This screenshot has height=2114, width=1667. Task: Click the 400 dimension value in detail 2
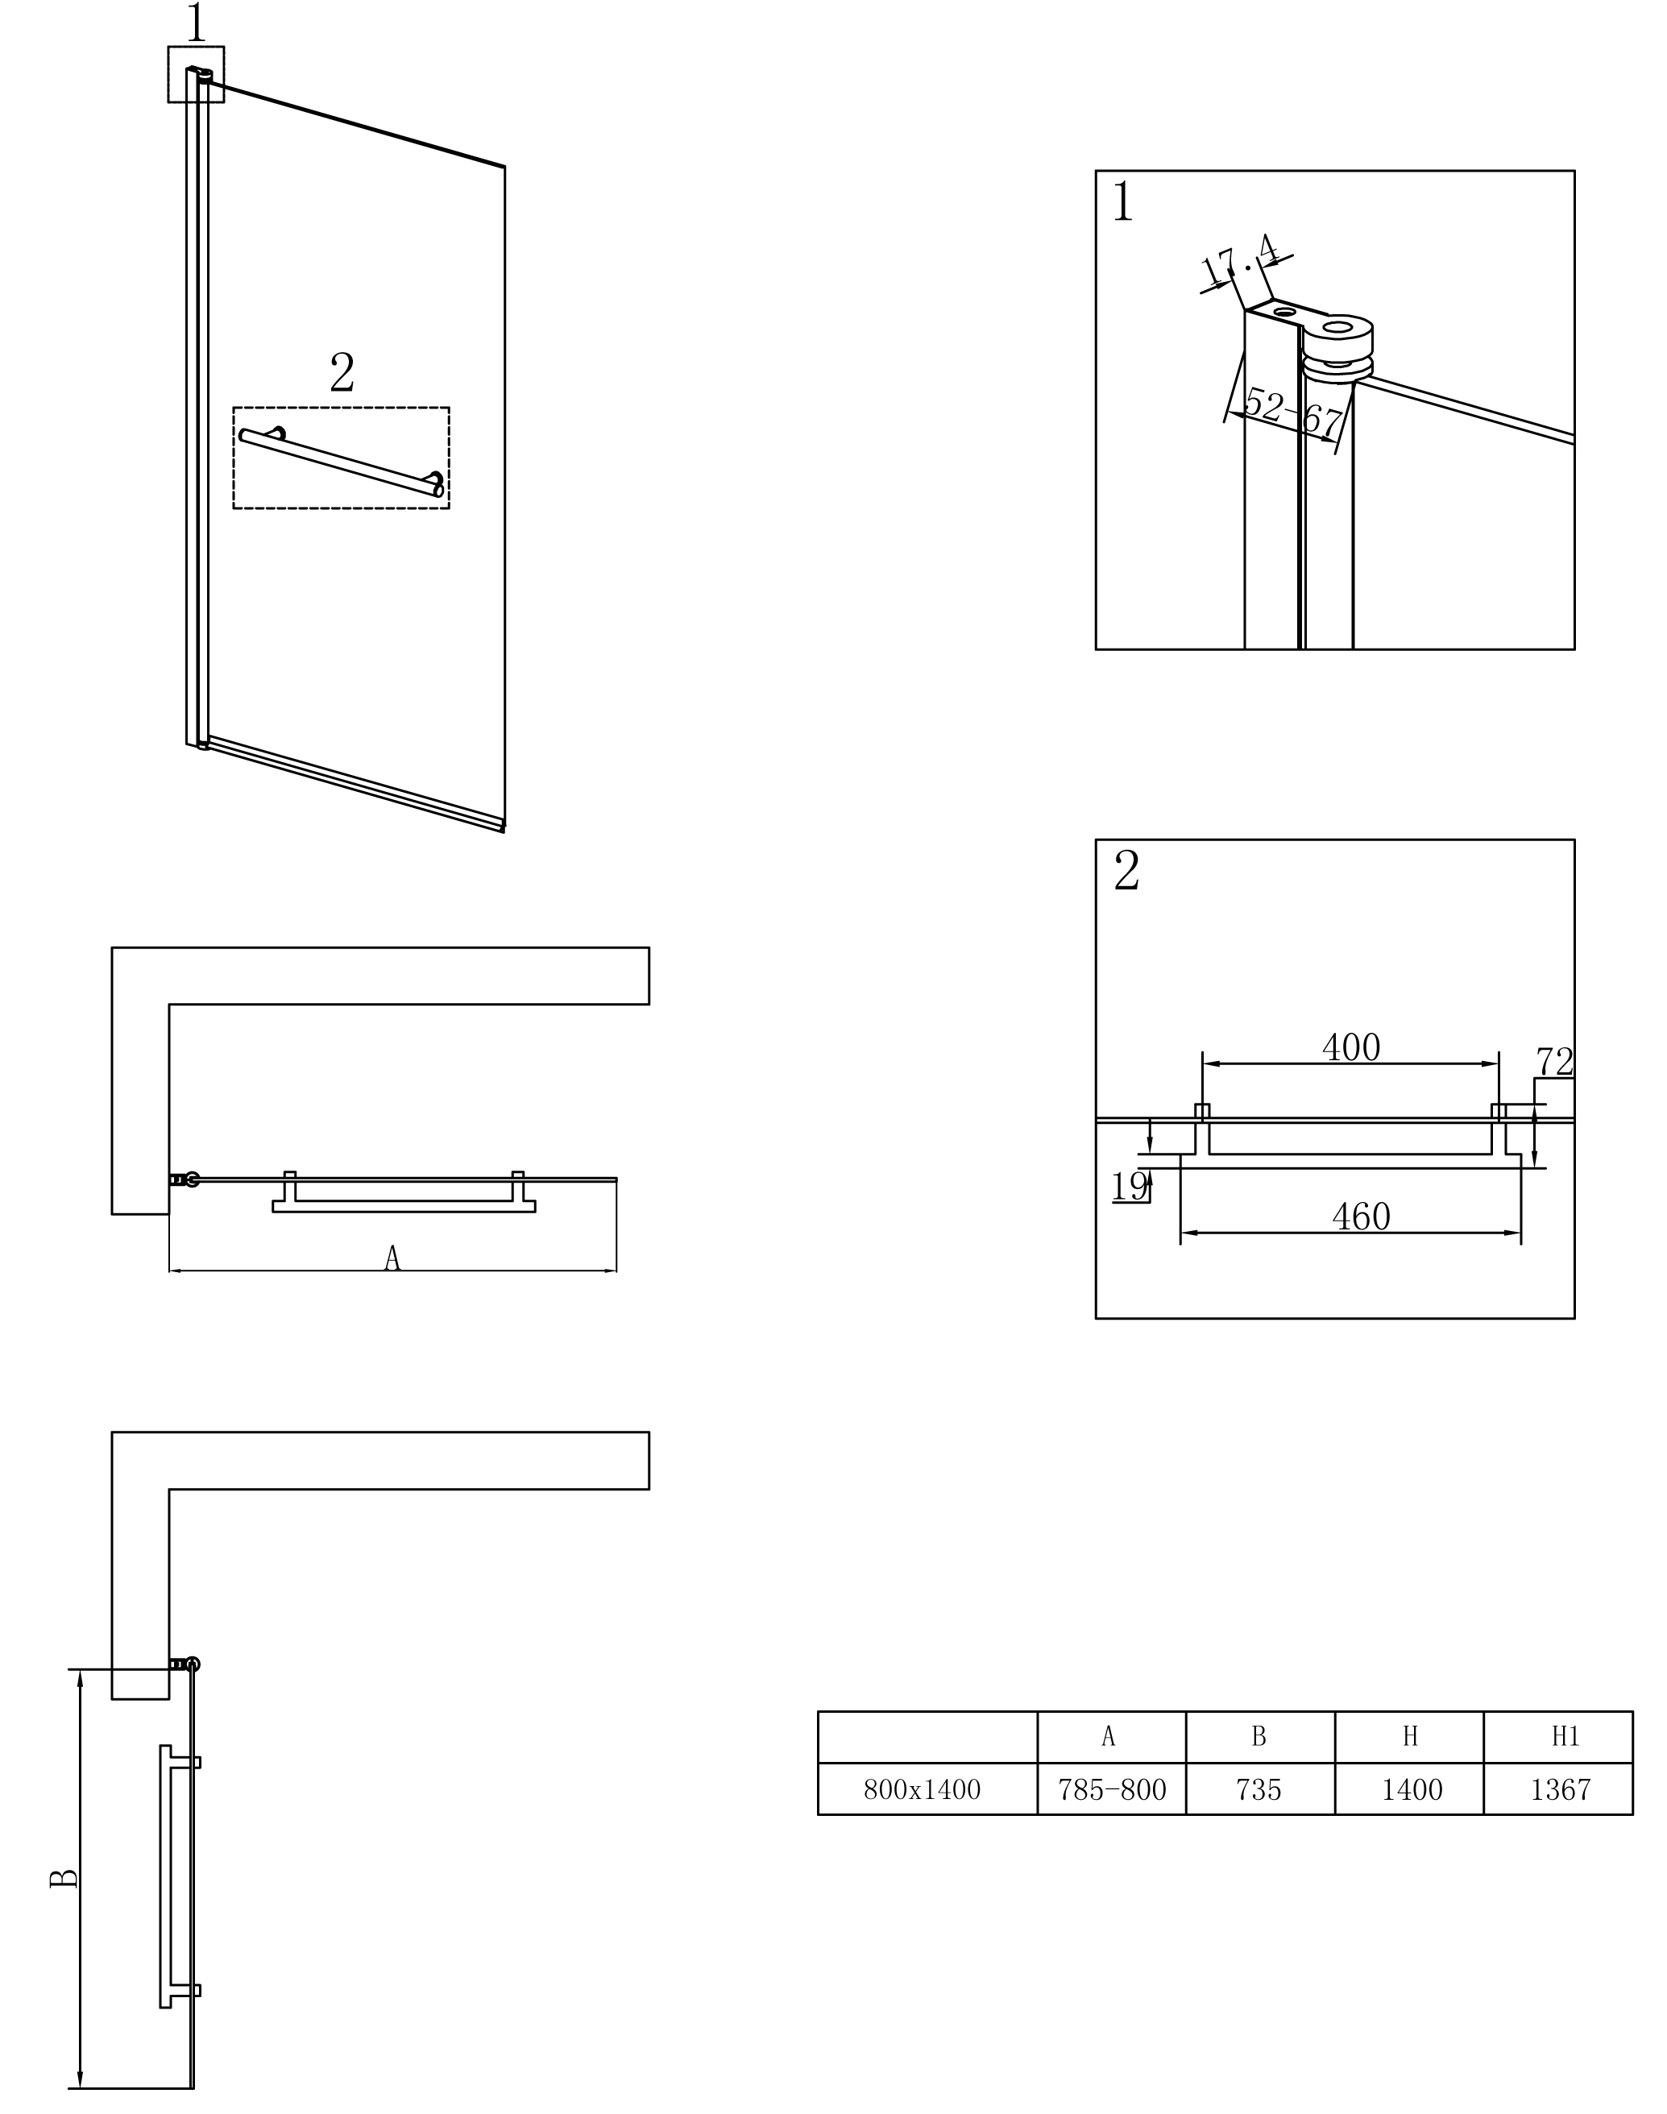(1351, 1047)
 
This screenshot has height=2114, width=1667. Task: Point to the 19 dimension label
(1130, 1187)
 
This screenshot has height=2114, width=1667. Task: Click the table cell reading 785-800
(1112, 1789)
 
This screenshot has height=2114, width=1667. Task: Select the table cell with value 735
(1259, 1789)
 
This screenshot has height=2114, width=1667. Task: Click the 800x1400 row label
(923, 1789)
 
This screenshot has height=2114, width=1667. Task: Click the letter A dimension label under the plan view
(392, 1258)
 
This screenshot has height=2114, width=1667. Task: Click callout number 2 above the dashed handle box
(342, 372)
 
